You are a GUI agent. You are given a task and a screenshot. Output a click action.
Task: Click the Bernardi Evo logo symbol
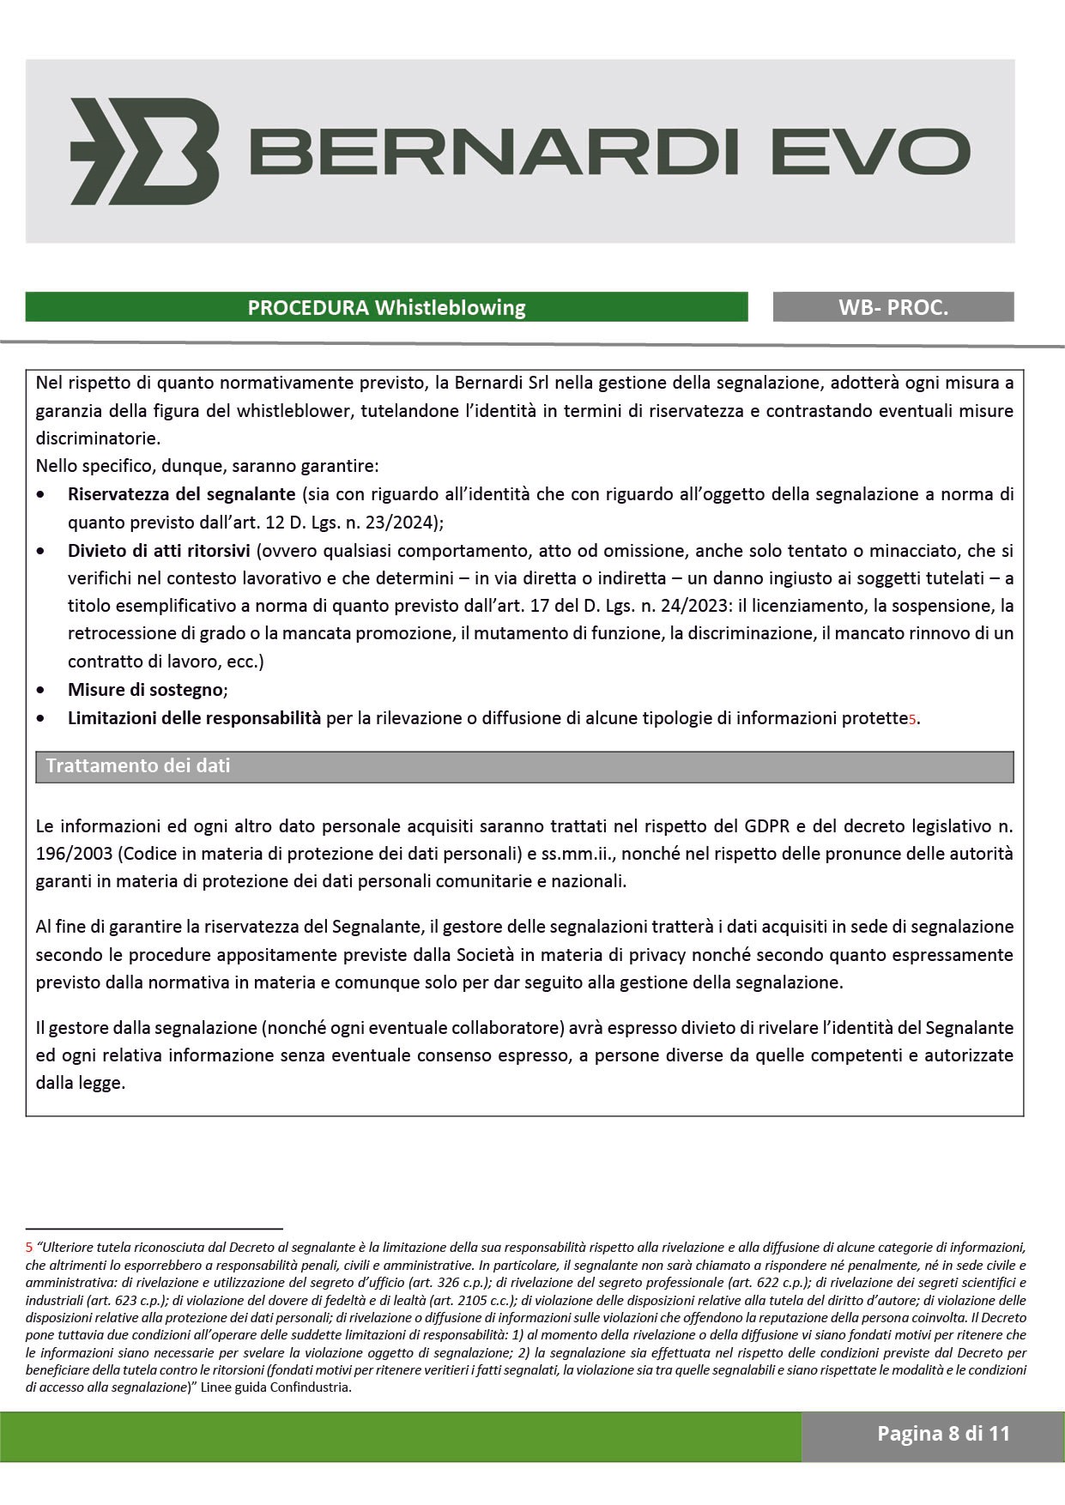(x=144, y=151)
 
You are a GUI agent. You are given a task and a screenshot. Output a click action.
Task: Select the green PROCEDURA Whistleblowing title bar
(x=386, y=307)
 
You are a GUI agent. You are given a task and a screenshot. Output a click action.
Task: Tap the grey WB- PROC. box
(x=893, y=307)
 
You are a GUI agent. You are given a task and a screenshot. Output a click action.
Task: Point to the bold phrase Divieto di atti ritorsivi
(x=159, y=550)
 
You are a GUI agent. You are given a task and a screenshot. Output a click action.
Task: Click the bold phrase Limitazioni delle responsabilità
(x=194, y=718)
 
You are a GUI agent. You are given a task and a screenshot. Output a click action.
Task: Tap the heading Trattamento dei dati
(x=138, y=765)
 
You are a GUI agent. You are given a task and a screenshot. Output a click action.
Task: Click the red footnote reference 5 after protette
(x=912, y=720)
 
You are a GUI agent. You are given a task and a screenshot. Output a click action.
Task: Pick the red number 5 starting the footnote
(x=29, y=1247)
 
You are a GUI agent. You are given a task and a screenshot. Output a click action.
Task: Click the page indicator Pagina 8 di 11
(x=943, y=1434)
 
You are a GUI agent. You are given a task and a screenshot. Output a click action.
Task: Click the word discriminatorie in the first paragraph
(x=97, y=438)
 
